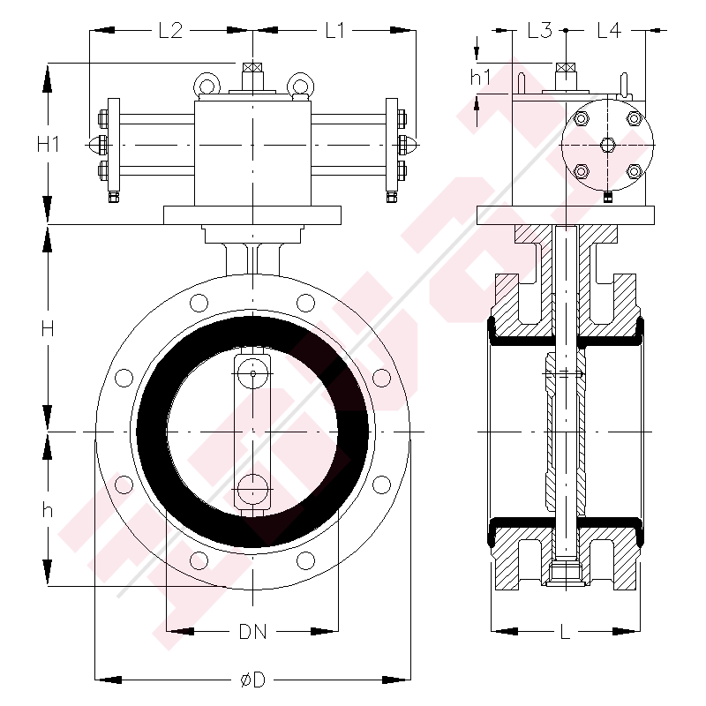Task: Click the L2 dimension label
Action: [169, 31]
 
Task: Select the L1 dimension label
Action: [334, 31]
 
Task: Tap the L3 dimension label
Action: [539, 31]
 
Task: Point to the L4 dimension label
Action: [609, 31]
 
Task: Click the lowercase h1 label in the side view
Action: [480, 78]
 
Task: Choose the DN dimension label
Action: [252, 632]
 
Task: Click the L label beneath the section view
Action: [565, 632]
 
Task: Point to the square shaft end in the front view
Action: [253, 68]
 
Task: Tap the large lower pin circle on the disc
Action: [253, 489]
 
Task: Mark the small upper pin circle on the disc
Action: [253, 374]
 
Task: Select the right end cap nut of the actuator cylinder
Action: [411, 144]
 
